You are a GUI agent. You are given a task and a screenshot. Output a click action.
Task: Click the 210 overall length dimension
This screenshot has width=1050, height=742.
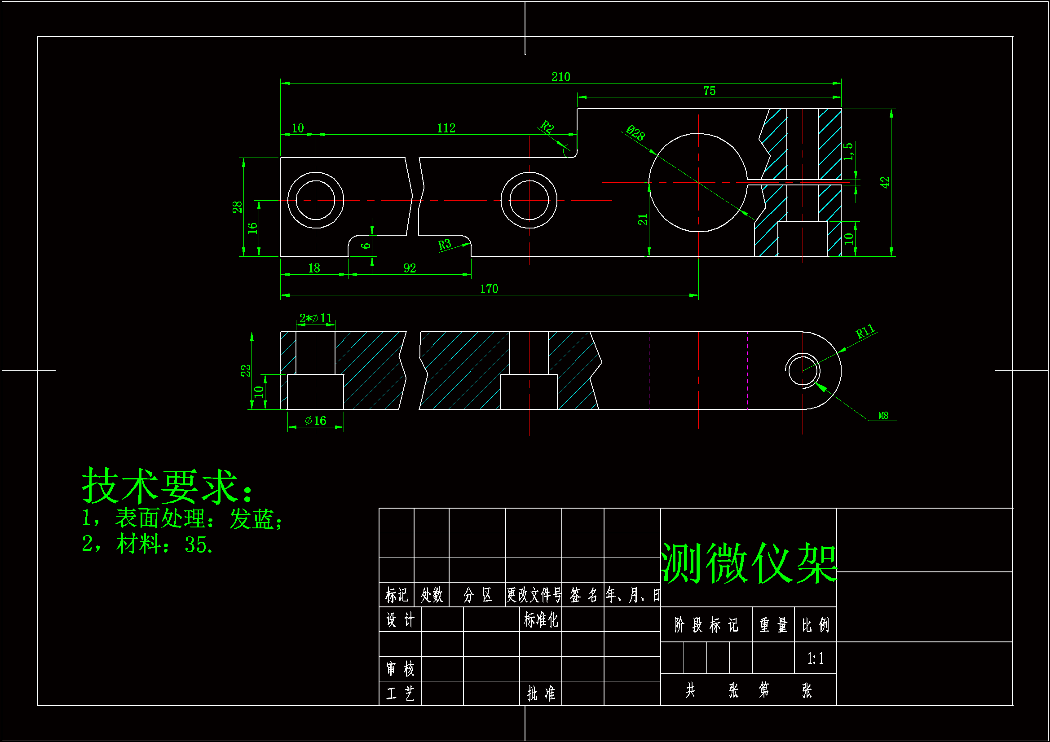click(x=560, y=77)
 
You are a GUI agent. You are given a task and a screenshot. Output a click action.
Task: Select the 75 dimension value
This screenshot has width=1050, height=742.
click(x=709, y=91)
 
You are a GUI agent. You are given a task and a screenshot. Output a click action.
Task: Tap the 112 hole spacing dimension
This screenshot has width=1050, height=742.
click(x=446, y=128)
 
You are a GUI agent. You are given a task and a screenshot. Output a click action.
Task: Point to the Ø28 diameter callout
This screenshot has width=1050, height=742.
click(x=635, y=133)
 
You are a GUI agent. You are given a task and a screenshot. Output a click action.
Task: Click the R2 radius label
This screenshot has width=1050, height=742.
click(x=547, y=126)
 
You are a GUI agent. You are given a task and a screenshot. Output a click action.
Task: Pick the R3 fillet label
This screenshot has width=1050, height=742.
click(x=445, y=245)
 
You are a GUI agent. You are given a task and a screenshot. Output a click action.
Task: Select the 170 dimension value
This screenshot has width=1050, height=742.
click(x=489, y=289)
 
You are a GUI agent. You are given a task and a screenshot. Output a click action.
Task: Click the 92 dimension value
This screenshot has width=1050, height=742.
click(x=410, y=268)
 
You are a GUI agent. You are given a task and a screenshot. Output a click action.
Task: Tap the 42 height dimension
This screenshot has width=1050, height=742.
click(x=885, y=182)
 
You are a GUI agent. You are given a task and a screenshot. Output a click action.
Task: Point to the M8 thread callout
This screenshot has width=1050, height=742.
click(x=883, y=416)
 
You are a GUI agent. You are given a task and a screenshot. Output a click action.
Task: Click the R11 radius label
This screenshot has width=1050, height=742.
click(x=865, y=331)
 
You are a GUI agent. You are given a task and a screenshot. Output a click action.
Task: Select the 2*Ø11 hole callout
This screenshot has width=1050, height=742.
click(x=316, y=318)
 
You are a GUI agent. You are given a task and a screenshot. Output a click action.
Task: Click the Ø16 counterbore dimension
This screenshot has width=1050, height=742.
click(x=316, y=421)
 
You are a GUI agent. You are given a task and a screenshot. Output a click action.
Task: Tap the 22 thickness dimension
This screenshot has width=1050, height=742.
click(x=246, y=370)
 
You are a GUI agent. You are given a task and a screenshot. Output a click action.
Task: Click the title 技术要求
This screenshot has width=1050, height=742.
click(x=167, y=486)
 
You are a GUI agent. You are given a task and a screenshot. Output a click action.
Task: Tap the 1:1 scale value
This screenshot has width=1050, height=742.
click(x=816, y=659)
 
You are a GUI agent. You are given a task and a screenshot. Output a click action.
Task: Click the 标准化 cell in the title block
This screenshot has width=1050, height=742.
click(x=541, y=620)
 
